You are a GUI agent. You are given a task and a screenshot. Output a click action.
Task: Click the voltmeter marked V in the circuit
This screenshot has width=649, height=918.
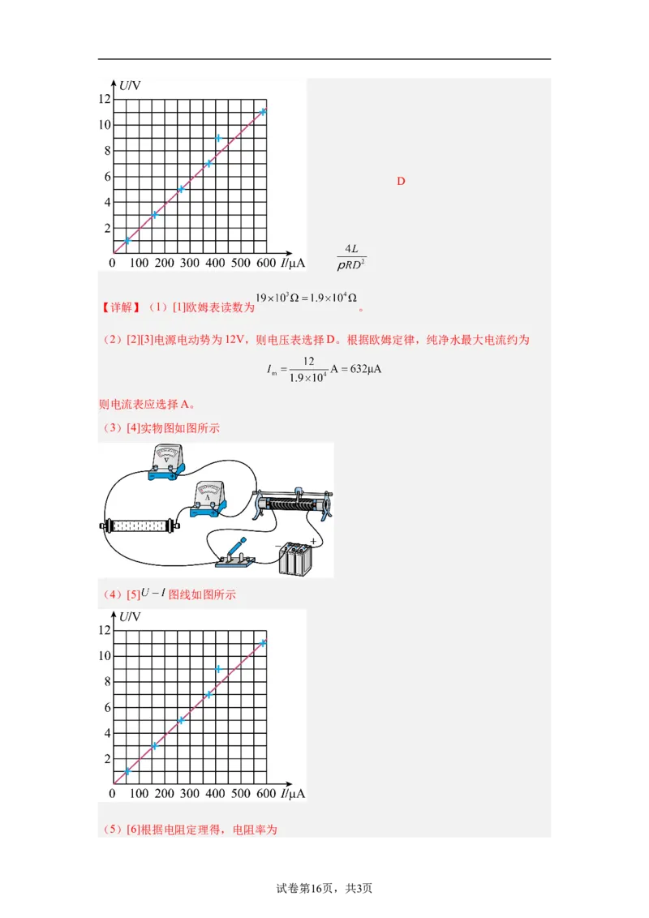166,465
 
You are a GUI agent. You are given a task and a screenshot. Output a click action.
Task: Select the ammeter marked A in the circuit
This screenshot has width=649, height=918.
209,500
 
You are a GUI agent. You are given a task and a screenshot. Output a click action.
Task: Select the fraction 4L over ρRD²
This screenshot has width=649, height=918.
351,256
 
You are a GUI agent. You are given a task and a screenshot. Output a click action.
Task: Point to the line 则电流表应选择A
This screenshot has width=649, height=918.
147,404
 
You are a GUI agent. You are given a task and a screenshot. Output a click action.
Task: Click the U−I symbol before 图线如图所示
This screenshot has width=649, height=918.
153,593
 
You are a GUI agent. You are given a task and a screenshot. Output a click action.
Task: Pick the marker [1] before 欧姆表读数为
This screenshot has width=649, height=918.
178,307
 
